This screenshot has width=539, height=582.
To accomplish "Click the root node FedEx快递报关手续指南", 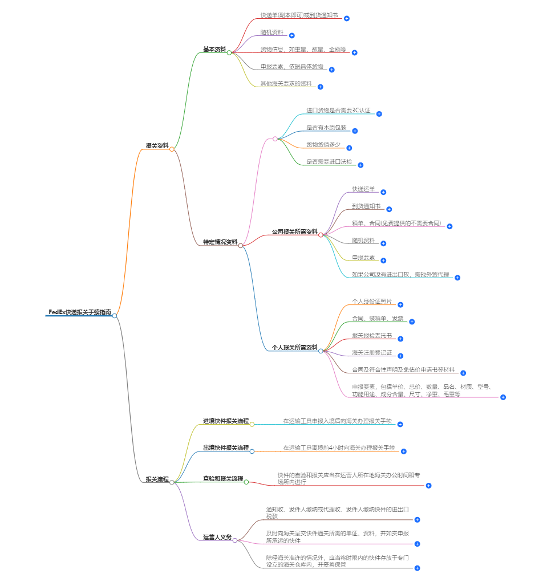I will pos(79,312).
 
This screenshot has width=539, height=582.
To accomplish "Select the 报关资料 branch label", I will pos(157,146).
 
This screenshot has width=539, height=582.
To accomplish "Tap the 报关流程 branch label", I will pos(157,479).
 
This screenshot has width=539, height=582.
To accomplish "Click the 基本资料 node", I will pos(214,50).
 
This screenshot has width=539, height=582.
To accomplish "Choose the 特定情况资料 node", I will pos(220,242).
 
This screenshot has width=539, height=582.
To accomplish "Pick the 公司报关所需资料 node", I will pos(294,232).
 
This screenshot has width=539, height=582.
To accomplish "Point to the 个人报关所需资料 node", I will pos(294,347).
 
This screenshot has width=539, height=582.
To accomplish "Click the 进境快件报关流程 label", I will pos(226,421).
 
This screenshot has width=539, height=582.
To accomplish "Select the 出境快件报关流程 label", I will pos(226,448).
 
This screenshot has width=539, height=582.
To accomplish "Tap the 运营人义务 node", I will pos(217,537).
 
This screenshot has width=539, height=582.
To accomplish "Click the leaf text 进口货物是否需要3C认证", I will pos(338,111).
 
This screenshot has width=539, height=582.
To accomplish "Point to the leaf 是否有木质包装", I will pos(326,128).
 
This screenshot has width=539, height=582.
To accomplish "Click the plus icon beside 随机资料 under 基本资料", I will pos(292,35).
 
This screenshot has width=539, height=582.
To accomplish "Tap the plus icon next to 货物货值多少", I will pos(349,148).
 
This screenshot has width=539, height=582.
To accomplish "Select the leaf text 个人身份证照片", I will pos(372,301).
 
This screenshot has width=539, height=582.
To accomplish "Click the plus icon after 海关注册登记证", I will pos(400,356).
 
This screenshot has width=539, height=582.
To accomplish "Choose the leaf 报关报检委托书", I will pos(372,335).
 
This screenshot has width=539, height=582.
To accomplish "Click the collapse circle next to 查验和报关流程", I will pos(246,482).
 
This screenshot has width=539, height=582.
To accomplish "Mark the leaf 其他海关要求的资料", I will pos(286,84).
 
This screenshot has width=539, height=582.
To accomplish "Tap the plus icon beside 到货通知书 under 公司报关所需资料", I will pos(389,209).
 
